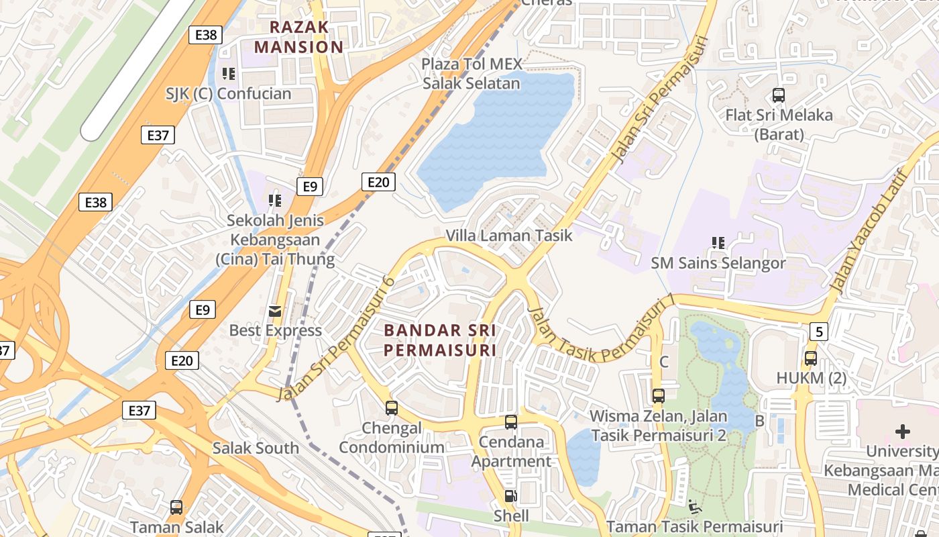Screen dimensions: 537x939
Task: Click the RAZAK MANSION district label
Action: click(298, 37)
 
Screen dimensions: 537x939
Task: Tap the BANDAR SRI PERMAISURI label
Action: click(440, 340)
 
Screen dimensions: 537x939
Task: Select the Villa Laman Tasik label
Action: click(509, 236)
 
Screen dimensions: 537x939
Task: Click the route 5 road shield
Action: click(819, 331)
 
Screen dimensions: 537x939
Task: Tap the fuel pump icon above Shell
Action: click(511, 496)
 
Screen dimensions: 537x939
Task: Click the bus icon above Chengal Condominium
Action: click(391, 407)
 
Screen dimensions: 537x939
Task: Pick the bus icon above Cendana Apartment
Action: click(511, 422)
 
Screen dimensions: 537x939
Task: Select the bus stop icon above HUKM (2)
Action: click(811, 358)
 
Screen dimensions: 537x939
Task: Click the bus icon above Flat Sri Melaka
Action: click(779, 95)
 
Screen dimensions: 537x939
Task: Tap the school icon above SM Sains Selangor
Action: click(718, 242)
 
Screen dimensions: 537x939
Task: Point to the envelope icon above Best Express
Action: click(275, 311)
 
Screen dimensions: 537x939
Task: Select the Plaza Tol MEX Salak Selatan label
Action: click(471, 74)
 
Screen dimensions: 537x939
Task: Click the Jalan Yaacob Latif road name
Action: click(869, 232)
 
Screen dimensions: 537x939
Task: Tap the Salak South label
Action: click(256, 448)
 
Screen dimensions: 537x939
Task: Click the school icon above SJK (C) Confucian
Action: click(229, 73)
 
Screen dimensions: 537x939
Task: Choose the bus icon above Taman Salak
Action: click(176, 507)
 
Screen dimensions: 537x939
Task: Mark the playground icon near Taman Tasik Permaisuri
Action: click(695, 505)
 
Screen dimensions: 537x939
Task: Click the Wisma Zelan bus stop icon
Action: click(658, 396)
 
